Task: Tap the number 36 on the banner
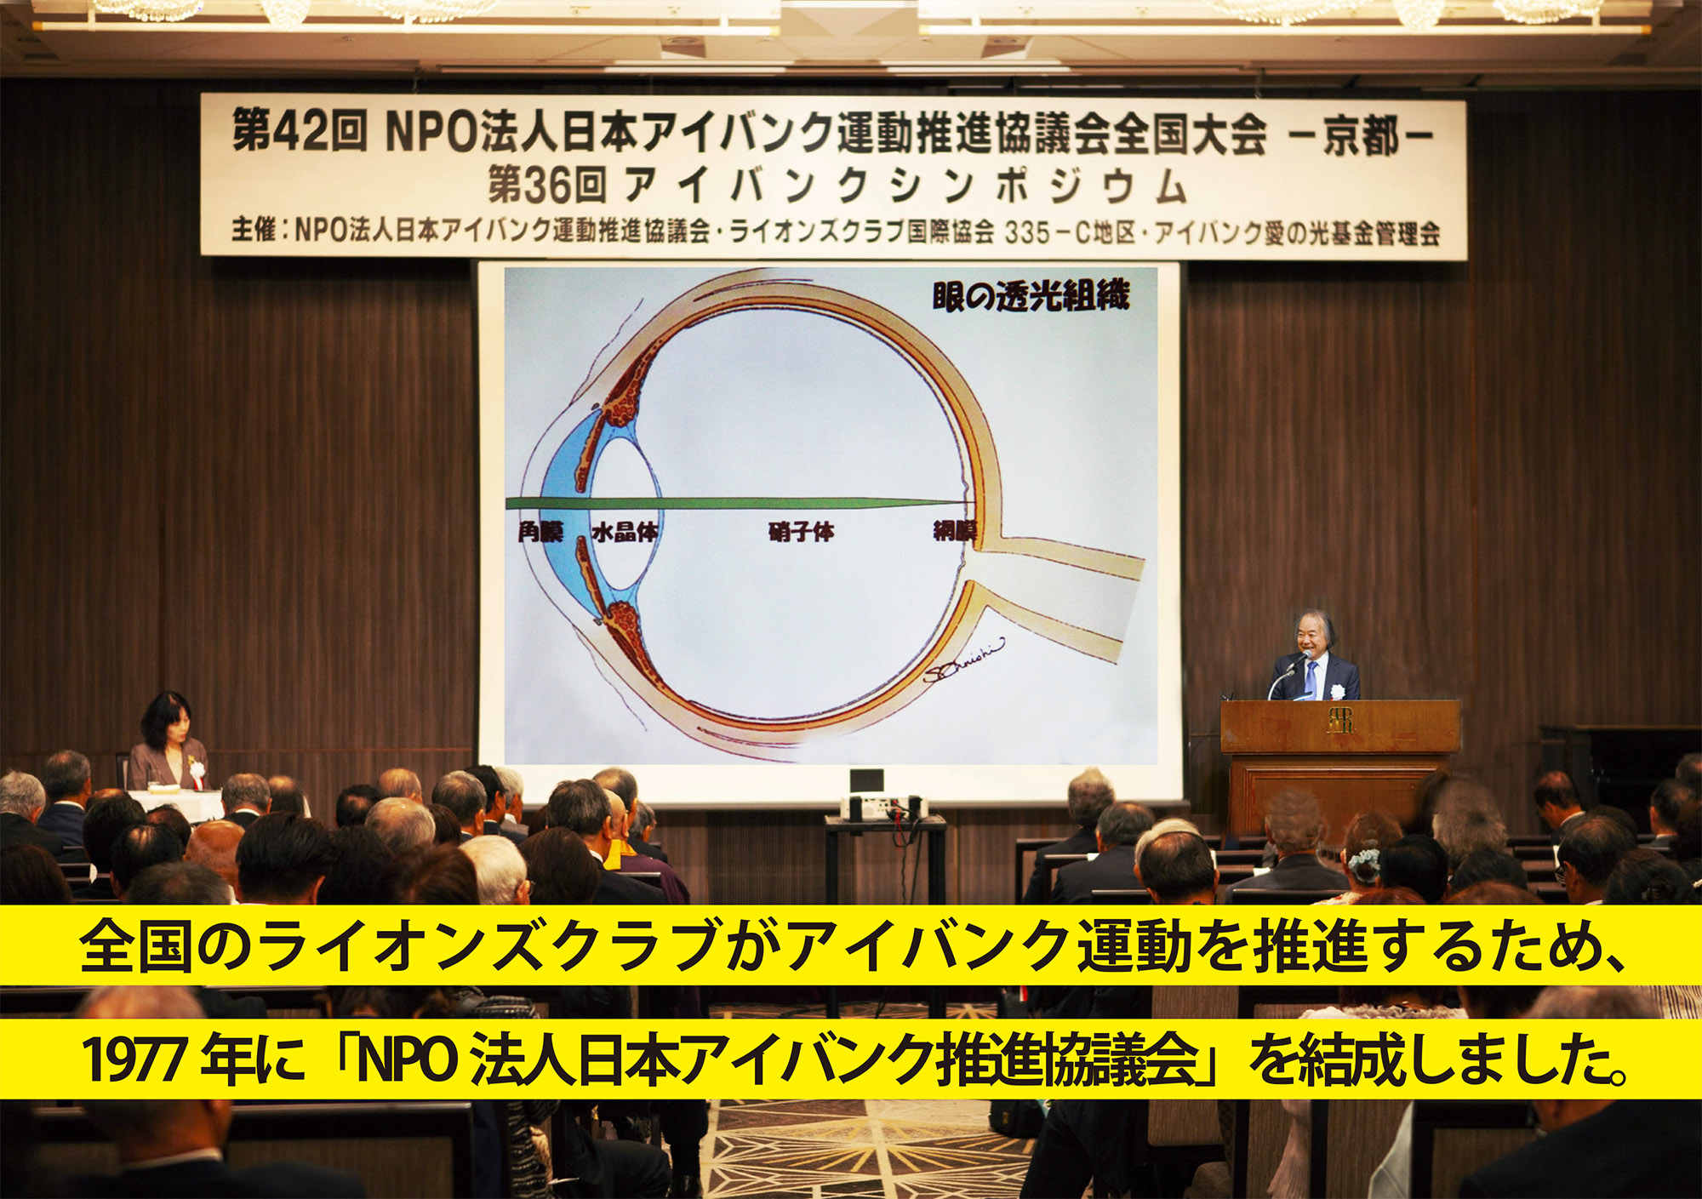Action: tap(549, 186)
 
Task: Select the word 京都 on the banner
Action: tap(1361, 137)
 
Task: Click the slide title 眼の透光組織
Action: tap(1031, 295)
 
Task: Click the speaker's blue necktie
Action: tap(1311, 679)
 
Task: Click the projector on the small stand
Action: tap(882, 806)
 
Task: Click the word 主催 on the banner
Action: tap(254, 230)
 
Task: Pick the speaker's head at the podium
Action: tap(1315, 635)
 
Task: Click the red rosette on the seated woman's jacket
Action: tap(197, 769)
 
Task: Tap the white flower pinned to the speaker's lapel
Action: tap(1337, 690)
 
